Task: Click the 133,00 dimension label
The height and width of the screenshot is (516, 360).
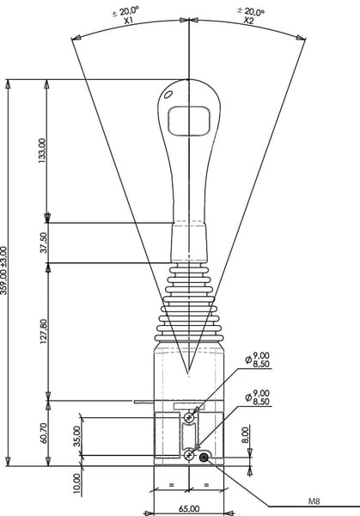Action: click(43, 150)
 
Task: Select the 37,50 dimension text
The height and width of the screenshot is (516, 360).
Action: click(44, 243)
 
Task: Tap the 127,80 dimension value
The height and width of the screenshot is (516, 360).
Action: click(44, 331)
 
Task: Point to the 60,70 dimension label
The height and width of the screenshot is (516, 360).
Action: click(44, 433)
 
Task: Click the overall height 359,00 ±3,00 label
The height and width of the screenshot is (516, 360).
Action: click(3, 271)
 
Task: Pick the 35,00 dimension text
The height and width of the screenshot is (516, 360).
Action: click(76, 436)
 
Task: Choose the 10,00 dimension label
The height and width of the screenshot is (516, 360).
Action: click(76, 483)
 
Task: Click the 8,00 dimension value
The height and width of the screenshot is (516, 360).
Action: click(246, 434)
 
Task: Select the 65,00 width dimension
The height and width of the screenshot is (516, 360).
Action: click(189, 509)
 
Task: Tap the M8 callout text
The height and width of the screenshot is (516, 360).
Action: click(314, 501)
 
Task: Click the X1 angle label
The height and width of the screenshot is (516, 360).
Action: click(128, 21)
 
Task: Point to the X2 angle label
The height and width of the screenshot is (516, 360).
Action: click(249, 21)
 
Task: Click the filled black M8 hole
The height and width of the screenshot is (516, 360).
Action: click(204, 458)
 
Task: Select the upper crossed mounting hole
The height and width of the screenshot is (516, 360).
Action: click(189, 418)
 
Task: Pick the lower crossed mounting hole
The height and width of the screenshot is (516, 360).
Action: click(189, 456)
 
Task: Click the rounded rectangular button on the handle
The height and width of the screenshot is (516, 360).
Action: click(189, 120)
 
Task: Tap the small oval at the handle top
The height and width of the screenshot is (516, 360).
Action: click(168, 95)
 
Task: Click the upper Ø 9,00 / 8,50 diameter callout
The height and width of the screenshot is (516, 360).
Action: click(258, 359)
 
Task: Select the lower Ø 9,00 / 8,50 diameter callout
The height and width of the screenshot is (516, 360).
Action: click(258, 397)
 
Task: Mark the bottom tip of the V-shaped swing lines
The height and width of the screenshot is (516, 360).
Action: click(188, 375)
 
